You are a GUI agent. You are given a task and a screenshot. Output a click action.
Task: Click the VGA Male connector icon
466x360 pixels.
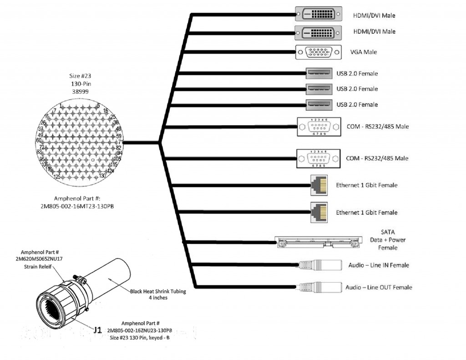[x=318, y=52]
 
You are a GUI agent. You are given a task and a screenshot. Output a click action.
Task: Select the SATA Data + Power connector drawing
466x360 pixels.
[x=319, y=241]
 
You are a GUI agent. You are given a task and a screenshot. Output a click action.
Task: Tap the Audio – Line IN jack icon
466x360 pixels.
[x=320, y=265]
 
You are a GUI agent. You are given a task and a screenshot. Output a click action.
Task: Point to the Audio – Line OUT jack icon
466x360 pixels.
[x=320, y=287]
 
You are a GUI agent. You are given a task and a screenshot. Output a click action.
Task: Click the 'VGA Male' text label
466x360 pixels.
[x=363, y=52]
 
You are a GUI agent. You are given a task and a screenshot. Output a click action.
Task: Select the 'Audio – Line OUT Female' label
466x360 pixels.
[x=379, y=287]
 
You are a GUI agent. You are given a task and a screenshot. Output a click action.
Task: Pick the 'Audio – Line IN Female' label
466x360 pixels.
[x=379, y=265]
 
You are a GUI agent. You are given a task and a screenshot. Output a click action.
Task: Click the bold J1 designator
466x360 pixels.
[x=97, y=330]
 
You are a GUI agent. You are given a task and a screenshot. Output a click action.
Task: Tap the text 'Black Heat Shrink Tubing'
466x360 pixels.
[x=158, y=291]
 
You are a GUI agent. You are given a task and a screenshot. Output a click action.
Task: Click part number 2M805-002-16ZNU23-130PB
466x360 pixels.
[x=140, y=330]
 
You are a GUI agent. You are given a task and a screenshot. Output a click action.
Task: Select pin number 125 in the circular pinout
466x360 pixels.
[x=57, y=177]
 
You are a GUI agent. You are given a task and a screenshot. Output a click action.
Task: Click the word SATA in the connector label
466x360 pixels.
[x=387, y=232]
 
